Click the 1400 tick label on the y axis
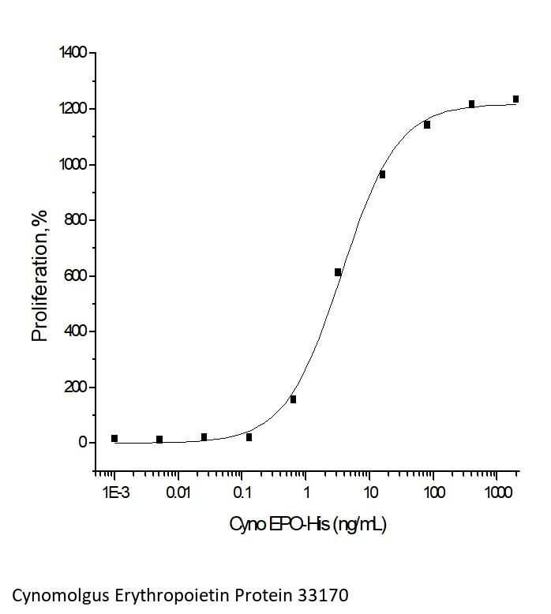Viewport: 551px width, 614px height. [73, 53]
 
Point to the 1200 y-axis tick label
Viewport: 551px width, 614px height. [73, 109]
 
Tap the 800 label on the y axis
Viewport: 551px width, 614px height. [77, 220]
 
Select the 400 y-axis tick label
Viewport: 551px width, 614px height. [77, 331]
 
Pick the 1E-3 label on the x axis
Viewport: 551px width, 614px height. [114, 495]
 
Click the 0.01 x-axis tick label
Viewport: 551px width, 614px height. [178, 495]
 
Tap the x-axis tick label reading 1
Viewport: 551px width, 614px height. [306, 495]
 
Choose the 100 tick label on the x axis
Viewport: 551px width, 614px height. [433, 495]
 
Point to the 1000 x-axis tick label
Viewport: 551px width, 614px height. [496, 495]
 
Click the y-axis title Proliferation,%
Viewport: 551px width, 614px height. [40, 275]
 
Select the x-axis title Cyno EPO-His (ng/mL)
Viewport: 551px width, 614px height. [308, 524]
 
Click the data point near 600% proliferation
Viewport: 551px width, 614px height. [338, 272]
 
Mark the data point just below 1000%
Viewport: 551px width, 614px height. [382, 174]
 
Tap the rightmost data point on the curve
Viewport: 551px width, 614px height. [516, 99]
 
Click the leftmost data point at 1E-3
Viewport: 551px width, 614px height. [114, 438]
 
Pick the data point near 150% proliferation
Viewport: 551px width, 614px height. [293, 399]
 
